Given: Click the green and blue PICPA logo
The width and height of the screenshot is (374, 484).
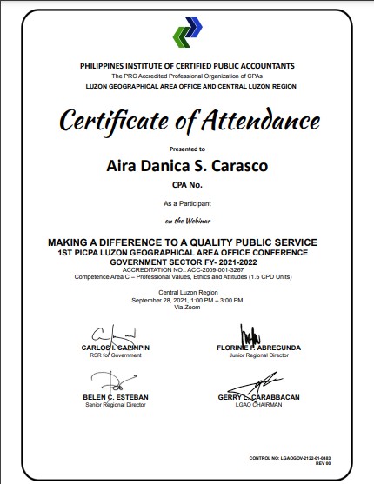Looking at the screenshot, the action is point(186,36).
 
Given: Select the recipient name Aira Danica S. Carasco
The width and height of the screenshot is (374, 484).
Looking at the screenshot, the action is point(187,165).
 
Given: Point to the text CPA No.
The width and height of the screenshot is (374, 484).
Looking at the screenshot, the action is point(187,185).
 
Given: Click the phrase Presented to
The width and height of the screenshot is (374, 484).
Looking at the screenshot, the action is point(187,149).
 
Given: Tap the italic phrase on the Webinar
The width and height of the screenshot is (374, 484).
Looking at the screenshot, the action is point(187,220).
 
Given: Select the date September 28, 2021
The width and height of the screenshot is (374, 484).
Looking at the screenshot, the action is point(162,300).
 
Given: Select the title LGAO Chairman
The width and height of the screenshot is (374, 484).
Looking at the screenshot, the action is point(258,404).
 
